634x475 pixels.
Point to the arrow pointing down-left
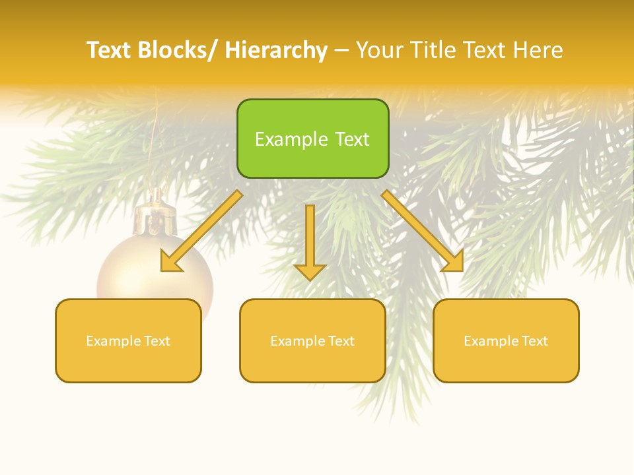[201, 231]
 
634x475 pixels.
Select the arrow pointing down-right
[423, 231]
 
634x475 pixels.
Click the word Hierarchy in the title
[276, 50]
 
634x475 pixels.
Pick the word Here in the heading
[540, 50]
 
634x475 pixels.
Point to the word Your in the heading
[379, 50]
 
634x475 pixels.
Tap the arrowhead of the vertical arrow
[310, 271]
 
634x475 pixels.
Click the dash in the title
[341, 51]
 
